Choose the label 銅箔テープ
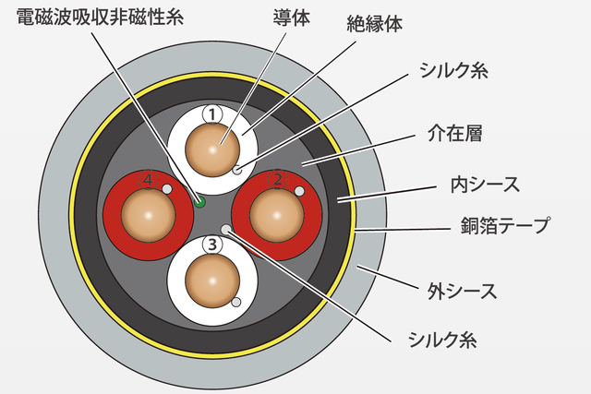[506, 224]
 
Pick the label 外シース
[462, 293]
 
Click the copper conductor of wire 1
[211, 149]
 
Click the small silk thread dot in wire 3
[236, 302]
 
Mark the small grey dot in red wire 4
[168, 189]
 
